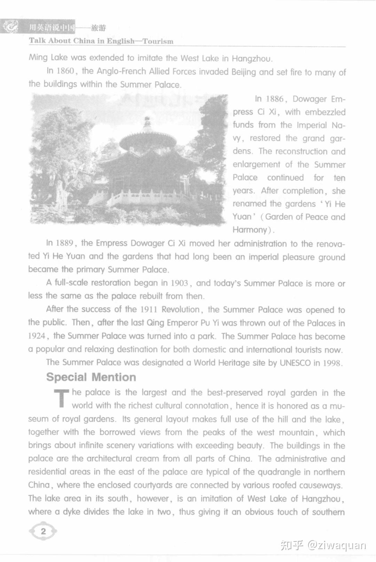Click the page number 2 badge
[43, 531]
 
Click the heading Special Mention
[91, 377]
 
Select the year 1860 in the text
[65, 71]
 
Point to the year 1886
[274, 99]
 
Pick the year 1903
[179, 283]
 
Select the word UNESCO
[295, 363]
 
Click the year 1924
[37, 336]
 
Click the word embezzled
[325, 112]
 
